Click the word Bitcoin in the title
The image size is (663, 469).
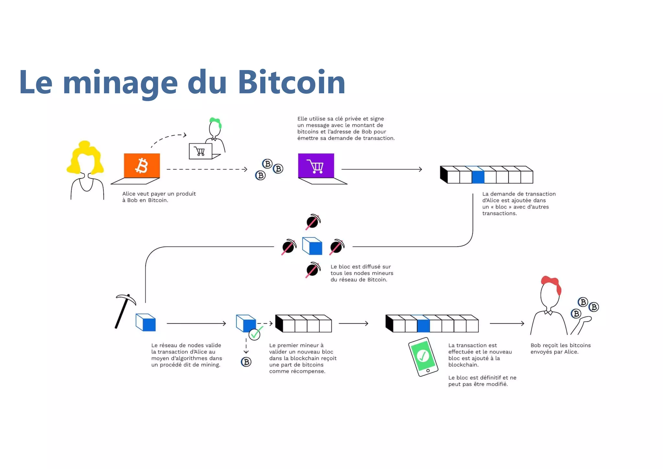tap(291, 83)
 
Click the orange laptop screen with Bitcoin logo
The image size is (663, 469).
tap(142, 166)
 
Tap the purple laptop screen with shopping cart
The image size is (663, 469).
tap(316, 166)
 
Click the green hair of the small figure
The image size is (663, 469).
tap(215, 122)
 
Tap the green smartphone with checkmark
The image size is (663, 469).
tap(423, 356)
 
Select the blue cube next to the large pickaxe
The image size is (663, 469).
tap(146, 322)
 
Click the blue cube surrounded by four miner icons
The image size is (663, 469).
tap(312, 246)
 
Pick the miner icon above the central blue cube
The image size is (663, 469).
tap(313, 222)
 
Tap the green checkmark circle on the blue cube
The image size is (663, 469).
tap(254, 334)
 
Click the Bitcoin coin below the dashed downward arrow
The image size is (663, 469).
tap(246, 362)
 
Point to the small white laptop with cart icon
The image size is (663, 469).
tap(201, 151)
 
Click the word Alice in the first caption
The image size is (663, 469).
tap(129, 194)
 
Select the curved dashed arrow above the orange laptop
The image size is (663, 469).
tap(168, 139)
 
